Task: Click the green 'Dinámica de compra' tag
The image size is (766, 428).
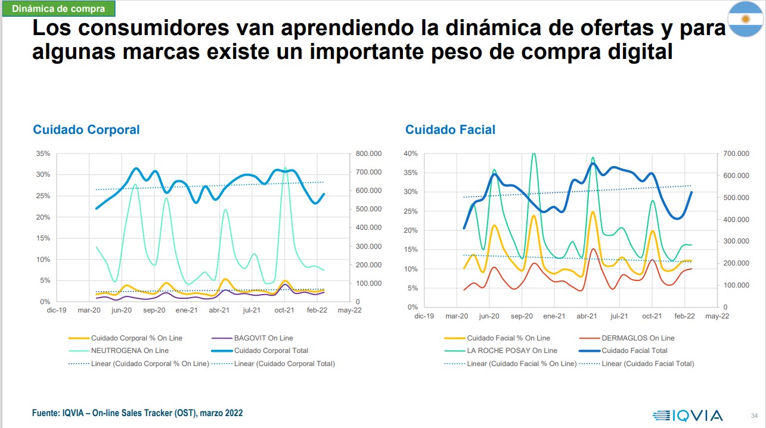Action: [x=58, y=9]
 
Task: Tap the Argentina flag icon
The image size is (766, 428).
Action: [x=745, y=20]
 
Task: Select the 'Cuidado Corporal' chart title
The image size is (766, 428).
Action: [x=86, y=129]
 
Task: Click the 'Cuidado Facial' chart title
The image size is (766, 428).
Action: [x=450, y=129]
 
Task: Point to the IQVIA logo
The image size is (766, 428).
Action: [x=687, y=415]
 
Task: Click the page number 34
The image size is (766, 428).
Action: [x=753, y=415]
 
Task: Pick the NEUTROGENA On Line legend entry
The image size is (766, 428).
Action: [x=131, y=351]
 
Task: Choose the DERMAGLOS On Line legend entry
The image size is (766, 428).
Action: [x=638, y=338]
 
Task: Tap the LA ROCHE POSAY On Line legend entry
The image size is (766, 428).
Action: [x=512, y=351]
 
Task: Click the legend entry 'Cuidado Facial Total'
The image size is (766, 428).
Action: [x=635, y=351]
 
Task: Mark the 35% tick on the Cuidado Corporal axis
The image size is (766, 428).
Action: [x=43, y=154]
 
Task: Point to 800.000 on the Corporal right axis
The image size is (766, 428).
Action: [x=368, y=154]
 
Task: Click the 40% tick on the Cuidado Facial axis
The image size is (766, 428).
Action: [x=411, y=154]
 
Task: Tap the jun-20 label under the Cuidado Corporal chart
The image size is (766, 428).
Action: [x=122, y=310]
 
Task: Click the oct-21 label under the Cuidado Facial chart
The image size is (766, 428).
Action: [x=652, y=316]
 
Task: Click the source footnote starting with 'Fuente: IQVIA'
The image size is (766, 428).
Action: [x=137, y=413]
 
